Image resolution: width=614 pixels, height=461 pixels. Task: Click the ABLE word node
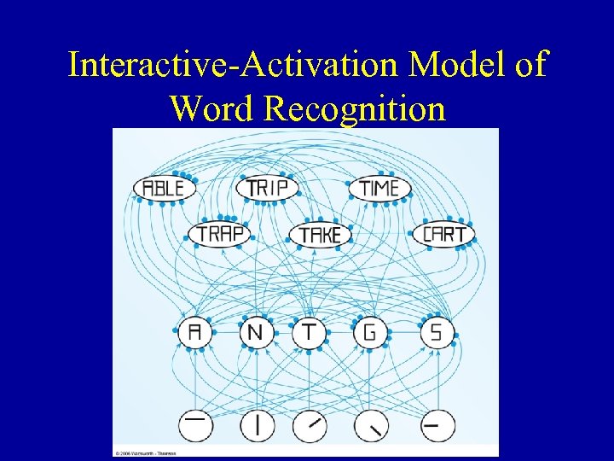tap(164, 188)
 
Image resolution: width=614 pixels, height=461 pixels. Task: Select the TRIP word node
tap(267, 188)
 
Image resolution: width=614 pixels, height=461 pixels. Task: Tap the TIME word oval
tap(379, 188)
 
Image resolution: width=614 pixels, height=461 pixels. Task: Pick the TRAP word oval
tap(219, 233)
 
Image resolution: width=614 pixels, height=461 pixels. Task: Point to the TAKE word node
tap(320, 234)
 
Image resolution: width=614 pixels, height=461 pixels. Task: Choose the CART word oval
tap(443, 233)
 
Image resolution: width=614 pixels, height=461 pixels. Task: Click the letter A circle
tap(195, 332)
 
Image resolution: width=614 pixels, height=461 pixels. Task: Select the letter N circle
tap(254, 332)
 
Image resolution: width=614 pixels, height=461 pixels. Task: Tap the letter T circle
tap(309, 332)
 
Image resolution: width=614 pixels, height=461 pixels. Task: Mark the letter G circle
tap(369, 332)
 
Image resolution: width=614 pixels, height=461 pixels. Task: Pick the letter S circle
tap(437, 332)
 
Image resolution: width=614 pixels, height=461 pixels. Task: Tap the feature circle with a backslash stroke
tap(372, 424)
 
